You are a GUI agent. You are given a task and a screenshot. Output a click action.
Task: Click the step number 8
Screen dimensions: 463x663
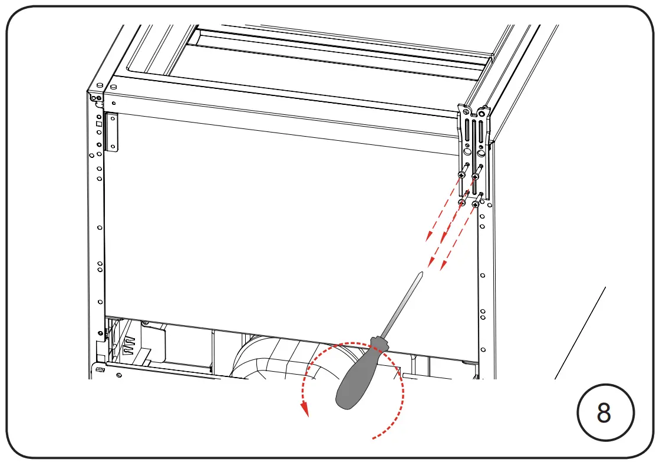[604, 414]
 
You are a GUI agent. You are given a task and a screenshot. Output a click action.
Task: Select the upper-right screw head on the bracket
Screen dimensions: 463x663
[475, 176]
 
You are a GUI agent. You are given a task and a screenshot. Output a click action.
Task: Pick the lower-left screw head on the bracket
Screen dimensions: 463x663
[461, 203]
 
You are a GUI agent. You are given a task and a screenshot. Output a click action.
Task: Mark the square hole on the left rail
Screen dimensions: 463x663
[99, 124]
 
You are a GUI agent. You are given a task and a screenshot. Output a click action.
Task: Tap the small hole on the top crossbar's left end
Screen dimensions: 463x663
[113, 103]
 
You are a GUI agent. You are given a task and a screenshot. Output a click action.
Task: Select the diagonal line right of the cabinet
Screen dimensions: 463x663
[580, 333]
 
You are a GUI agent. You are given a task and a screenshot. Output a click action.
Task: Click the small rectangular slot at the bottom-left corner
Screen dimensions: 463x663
[100, 370]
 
